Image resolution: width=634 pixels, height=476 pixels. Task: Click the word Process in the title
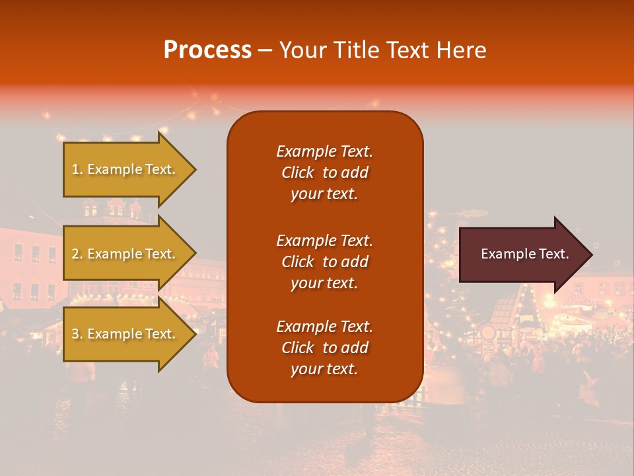click(x=207, y=50)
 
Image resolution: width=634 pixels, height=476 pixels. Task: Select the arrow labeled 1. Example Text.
click(x=125, y=169)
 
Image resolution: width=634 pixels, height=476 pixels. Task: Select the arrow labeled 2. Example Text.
click(x=125, y=254)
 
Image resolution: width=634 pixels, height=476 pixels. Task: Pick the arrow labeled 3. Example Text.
click(x=125, y=334)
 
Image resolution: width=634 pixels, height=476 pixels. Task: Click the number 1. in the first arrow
click(x=77, y=169)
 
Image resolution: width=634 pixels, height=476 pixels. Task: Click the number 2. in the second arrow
click(x=77, y=254)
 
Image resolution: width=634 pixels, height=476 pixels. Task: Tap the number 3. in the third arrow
click(x=77, y=334)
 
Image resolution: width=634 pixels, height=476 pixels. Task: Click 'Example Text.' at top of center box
click(x=324, y=151)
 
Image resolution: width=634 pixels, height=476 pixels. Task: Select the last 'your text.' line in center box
click(x=324, y=369)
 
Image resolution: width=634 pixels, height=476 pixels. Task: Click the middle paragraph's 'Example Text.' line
click(x=324, y=241)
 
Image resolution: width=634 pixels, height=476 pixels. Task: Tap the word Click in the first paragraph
click(x=297, y=173)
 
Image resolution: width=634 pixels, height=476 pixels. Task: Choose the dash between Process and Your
click(x=265, y=50)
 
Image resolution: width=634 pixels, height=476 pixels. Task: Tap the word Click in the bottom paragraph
click(x=297, y=348)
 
